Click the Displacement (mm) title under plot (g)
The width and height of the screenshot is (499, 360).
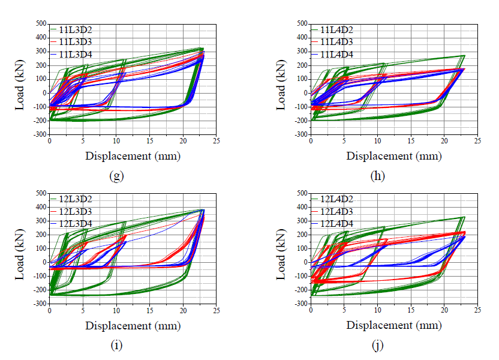(133, 156)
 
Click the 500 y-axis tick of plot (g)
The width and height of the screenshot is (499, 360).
(40, 23)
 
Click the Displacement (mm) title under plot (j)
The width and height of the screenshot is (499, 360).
(394, 326)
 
